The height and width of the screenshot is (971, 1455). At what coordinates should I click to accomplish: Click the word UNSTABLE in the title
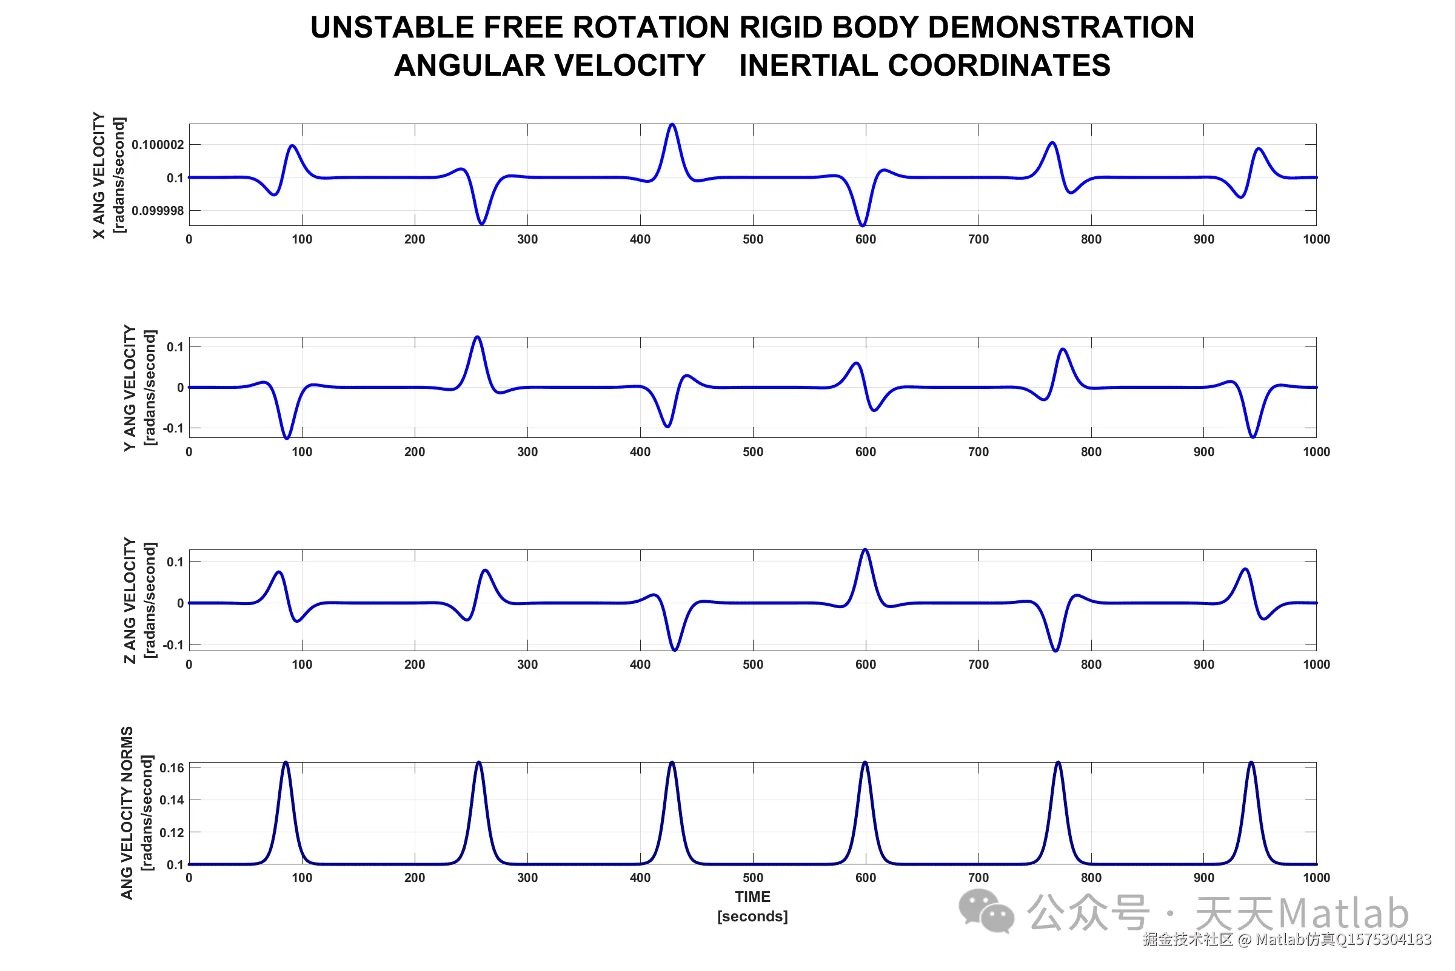point(392,28)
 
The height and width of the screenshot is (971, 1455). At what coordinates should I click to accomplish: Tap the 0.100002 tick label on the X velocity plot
point(158,145)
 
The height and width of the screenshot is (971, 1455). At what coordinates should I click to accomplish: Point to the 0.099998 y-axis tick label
point(158,211)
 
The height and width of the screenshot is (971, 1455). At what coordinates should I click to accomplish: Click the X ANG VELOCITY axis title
point(99,175)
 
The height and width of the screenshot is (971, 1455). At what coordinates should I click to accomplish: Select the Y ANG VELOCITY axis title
point(130,388)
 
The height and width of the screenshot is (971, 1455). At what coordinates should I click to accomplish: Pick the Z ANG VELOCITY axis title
point(130,601)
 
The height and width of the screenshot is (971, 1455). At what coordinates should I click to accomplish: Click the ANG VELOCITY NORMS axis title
point(127,813)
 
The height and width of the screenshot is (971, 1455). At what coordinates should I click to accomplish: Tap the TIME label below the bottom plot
point(752,897)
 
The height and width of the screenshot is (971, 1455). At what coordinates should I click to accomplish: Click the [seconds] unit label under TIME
point(752,916)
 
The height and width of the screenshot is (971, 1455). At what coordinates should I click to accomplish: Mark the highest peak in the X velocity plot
point(672,125)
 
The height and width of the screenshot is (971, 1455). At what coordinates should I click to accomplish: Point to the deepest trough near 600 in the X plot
point(863,225)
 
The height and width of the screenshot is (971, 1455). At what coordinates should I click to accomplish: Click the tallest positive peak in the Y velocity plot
point(477,338)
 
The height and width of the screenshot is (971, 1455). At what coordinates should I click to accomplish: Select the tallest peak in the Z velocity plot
point(865,551)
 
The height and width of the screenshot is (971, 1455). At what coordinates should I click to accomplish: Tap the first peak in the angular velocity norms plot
point(286,763)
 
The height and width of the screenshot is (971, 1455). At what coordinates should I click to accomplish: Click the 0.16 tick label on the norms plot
point(172,769)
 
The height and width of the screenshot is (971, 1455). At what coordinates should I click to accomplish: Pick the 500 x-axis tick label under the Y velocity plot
point(753,452)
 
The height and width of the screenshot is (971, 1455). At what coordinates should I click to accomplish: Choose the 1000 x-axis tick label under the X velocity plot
point(1316,240)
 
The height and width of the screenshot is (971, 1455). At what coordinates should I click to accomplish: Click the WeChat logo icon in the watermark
point(986,911)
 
